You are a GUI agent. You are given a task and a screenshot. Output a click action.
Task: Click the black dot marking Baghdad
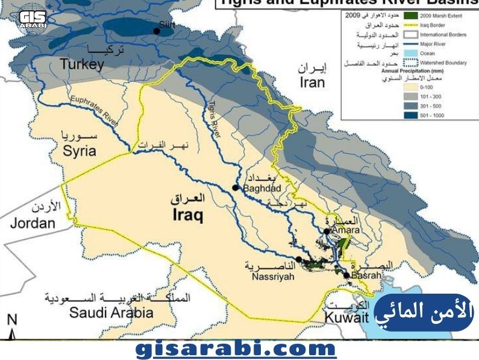point(236,188)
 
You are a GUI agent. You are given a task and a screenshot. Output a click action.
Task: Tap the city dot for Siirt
point(157,31)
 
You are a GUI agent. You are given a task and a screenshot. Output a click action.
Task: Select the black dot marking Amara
point(326,231)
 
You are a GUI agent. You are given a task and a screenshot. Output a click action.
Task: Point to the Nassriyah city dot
point(299,259)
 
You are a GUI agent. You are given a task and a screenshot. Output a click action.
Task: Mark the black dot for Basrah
point(346,276)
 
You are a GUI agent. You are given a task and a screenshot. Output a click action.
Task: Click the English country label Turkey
point(82,64)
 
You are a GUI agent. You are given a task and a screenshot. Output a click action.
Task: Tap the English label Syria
point(80,150)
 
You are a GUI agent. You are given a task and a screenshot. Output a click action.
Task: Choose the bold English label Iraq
point(188,215)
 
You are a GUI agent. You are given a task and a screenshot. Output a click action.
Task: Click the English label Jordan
point(33,223)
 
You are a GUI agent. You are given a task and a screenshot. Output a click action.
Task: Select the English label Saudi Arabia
point(111,312)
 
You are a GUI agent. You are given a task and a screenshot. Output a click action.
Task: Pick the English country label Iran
point(312,83)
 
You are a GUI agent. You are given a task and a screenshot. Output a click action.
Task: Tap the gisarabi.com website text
point(236,349)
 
